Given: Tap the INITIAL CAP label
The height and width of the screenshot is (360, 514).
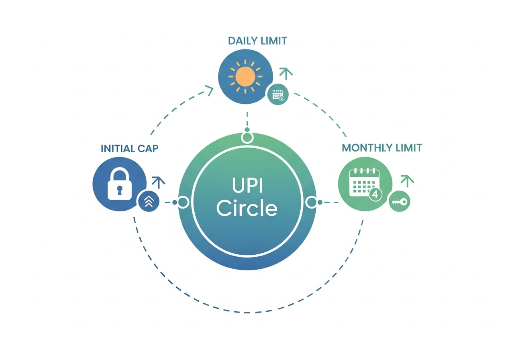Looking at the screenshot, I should tap(130, 149).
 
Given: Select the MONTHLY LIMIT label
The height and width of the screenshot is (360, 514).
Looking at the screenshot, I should tap(382, 148).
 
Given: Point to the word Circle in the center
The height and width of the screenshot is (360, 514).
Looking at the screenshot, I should tap(247, 208).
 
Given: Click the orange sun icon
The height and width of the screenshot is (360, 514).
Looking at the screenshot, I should tap(245, 76).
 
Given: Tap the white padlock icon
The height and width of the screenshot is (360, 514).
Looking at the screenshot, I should tap(119, 184).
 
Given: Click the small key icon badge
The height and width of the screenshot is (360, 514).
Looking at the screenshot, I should tap(399, 202).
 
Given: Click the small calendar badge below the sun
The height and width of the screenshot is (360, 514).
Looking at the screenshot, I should tap(278, 95).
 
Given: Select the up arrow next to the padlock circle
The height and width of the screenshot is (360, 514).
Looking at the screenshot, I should tap(159, 182).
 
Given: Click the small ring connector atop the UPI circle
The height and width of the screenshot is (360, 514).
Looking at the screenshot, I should tap(247, 138).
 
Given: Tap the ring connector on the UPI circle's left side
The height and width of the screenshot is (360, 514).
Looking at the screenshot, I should tap(183, 202).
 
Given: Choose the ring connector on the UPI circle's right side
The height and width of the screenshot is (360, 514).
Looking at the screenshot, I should tap(312, 202).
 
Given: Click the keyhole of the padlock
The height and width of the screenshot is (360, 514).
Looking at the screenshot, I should tap(119, 189).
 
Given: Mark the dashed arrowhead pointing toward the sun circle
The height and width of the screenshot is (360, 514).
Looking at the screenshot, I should tap(209, 90).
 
